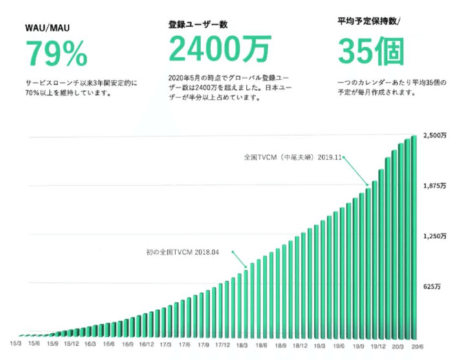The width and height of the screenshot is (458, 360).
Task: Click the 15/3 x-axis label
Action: (x=16, y=343)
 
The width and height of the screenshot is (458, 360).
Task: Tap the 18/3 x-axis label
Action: (x=241, y=343)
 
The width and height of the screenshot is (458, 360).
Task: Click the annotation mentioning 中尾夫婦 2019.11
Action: (x=292, y=156)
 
